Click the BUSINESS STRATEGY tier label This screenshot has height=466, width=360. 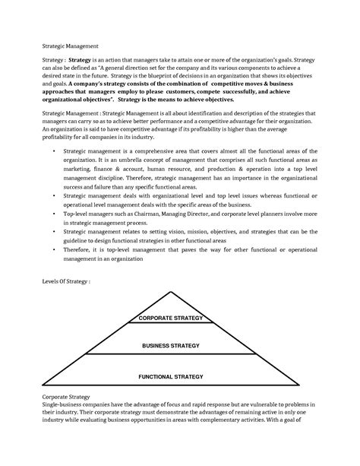[170, 346]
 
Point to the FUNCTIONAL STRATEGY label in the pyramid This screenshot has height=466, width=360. [170, 376]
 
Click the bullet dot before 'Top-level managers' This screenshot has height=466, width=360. [56, 215]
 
